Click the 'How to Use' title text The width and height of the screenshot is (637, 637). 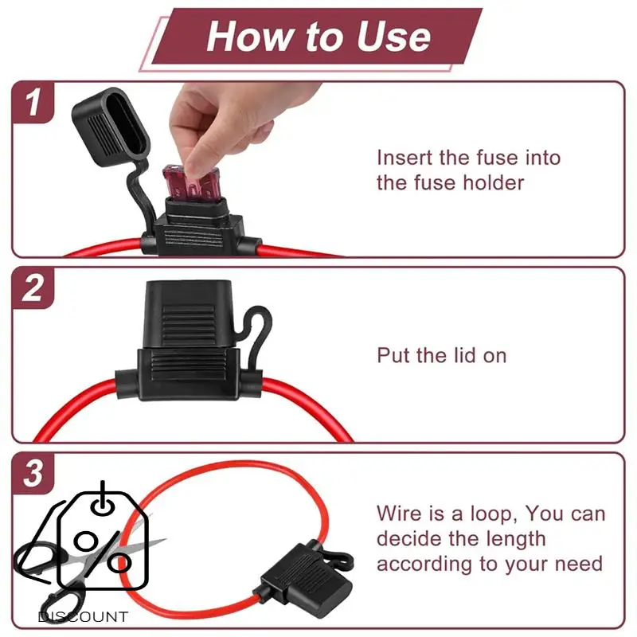[x=318, y=37]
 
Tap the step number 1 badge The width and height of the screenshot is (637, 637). [x=33, y=103]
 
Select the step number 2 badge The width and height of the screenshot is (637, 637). [x=33, y=287]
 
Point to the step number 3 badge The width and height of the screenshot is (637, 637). [x=33, y=473]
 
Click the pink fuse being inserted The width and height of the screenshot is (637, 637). [x=191, y=184]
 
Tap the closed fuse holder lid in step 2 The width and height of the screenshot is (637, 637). [x=188, y=314]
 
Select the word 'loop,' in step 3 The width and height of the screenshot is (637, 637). [x=494, y=514]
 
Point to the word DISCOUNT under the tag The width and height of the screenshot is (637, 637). [x=83, y=617]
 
